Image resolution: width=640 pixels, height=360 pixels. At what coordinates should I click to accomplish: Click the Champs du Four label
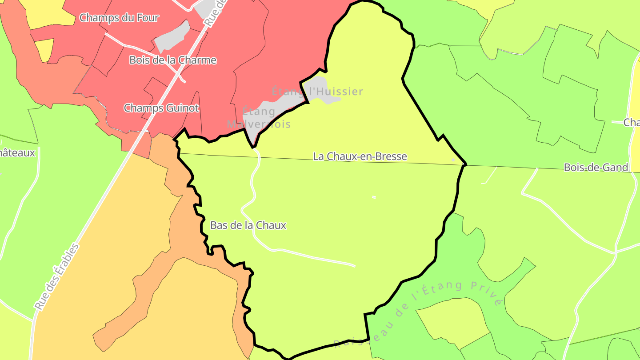(119, 18)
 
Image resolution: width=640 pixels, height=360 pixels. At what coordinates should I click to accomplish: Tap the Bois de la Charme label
(173, 60)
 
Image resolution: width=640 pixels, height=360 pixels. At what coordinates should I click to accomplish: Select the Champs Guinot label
(161, 108)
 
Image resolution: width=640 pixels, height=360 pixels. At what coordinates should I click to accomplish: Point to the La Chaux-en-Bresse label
(360, 156)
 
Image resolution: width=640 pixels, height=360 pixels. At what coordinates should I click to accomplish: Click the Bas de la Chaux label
(248, 225)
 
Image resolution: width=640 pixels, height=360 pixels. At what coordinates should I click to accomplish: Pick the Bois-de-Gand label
(596, 168)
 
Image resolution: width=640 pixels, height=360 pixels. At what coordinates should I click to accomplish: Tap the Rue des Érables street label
(57, 277)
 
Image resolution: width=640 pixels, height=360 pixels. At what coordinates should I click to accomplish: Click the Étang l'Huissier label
(317, 92)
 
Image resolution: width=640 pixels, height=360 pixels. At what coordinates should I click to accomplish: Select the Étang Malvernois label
(259, 117)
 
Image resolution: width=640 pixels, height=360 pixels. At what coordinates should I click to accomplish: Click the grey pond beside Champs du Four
(172, 36)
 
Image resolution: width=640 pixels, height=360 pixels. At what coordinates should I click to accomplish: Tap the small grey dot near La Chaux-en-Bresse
(453, 160)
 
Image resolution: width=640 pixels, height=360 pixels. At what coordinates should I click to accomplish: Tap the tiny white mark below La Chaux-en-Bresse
(374, 197)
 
